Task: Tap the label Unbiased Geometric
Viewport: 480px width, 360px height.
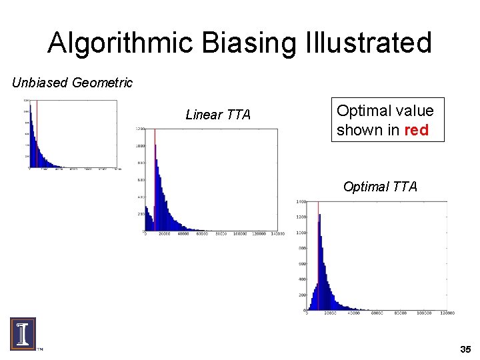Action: click(x=73, y=83)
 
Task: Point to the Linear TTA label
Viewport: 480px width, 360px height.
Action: click(x=218, y=115)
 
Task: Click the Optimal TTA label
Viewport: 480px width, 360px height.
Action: click(x=380, y=187)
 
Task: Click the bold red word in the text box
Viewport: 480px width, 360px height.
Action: click(x=416, y=130)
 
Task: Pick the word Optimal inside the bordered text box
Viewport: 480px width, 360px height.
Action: click(x=361, y=111)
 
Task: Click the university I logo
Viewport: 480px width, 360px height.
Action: click(x=23, y=333)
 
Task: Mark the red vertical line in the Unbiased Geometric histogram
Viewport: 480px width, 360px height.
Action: click(x=37, y=133)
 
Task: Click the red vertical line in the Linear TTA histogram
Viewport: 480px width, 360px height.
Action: click(x=155, y=180)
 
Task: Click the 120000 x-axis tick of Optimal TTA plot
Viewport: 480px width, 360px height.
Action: click(x=446, y=314)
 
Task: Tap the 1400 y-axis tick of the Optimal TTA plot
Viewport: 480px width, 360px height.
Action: click(x=301, y=201)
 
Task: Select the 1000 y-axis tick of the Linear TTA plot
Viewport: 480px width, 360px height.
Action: click(x=141, y=146)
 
